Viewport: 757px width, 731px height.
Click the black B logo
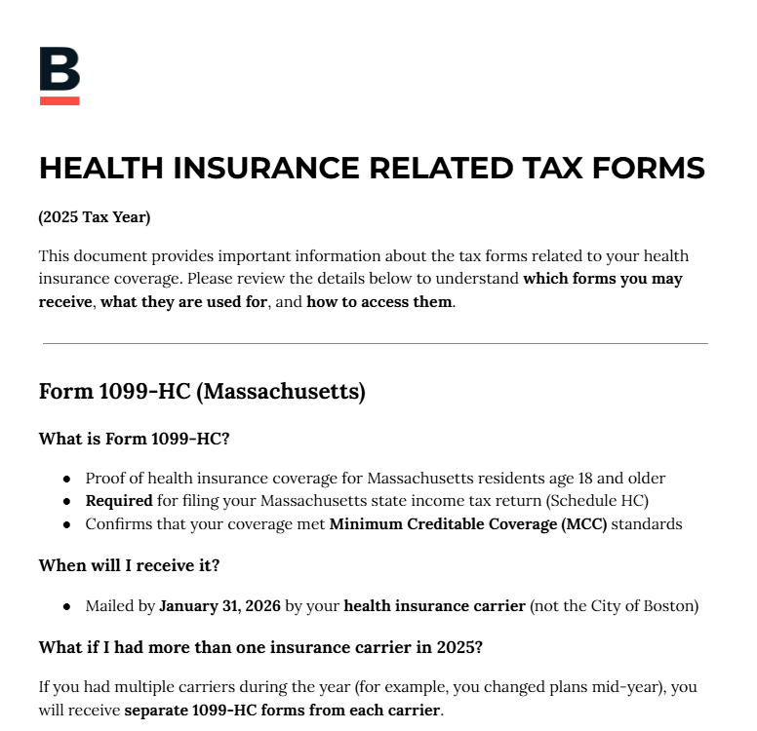pyautogui.click(x=60, y=69)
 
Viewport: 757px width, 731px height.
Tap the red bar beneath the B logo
pyautogui.click(x=60, y=100)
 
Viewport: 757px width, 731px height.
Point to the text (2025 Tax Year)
pyautogui.click(x=95, y=217)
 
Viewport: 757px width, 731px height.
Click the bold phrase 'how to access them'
pyautogui.click(x=379, y=301)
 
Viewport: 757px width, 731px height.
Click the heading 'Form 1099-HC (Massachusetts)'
pyautogui.click(x=202, y=392)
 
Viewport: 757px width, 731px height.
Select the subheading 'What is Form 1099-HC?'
pyautogui.click(x=134, y=439)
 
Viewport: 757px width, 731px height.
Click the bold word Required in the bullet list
pyautogui.click(x=119, y=501)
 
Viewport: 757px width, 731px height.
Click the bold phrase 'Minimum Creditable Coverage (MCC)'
pyautogui.click(x=468, y=524)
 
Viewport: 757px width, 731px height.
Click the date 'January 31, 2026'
pyautogui.click(x=219, y=606)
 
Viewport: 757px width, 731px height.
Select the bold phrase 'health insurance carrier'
pyautogui.click(x=434, y=606)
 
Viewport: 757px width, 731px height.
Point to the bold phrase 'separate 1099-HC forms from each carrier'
pyautogui.click(x=282, y=710)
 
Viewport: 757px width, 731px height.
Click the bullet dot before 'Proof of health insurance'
pyautogui.click(x=66, y=480)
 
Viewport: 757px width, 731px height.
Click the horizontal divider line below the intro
pyautogui.click(x=376, y=343)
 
